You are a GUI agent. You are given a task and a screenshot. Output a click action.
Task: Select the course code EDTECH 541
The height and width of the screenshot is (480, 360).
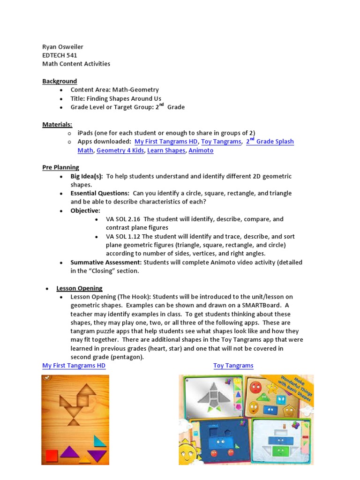point(60,55)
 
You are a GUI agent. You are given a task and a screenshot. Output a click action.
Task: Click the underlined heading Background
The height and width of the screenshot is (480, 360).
point(60,81)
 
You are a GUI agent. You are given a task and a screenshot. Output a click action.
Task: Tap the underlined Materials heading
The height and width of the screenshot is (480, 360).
point(57,124)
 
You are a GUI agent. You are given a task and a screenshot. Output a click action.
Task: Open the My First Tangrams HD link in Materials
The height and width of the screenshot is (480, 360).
point(166,142)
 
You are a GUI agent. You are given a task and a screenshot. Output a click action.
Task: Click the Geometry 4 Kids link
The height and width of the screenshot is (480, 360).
point(121,150)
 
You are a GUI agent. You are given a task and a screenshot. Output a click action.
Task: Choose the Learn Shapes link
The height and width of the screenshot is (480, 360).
point(166,150)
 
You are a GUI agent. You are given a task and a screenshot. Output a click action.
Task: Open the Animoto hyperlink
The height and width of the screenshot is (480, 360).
point(201,150)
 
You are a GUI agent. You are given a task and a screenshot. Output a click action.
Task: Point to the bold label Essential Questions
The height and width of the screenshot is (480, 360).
point(99,193)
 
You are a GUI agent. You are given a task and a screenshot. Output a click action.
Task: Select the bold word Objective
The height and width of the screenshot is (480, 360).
point(85,210)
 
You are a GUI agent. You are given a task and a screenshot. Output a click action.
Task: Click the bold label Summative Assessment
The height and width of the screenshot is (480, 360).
point(106,262)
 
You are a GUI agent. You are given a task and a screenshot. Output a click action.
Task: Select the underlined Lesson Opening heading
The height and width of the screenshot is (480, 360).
point(79,288)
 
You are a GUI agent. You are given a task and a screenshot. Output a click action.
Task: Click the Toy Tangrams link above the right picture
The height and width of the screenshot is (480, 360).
point(233,366)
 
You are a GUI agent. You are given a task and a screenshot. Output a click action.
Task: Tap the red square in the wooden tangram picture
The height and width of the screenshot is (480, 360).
point(51,455)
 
